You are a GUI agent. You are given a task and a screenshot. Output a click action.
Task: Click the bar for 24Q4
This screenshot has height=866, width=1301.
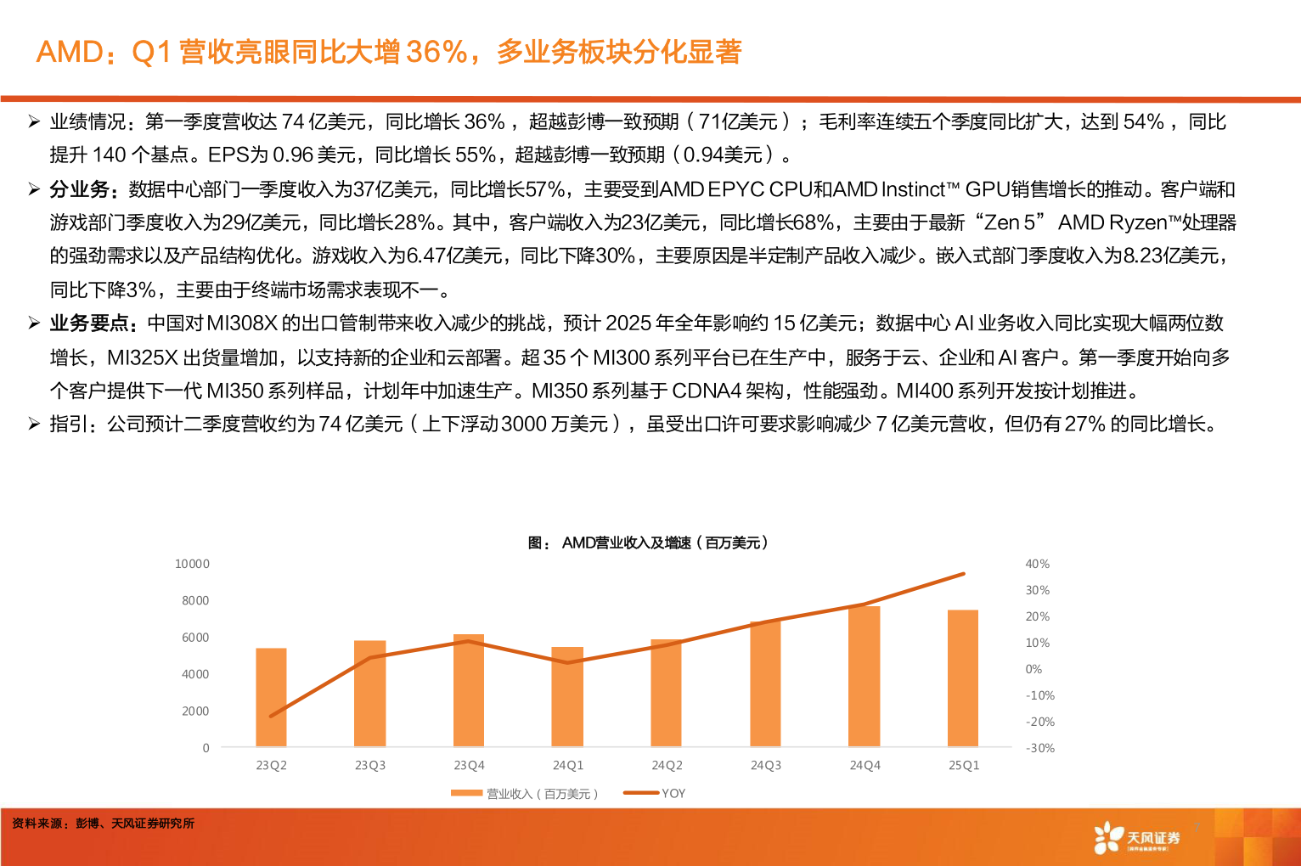865,677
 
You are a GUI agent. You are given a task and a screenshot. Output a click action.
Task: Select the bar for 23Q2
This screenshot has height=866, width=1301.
271,697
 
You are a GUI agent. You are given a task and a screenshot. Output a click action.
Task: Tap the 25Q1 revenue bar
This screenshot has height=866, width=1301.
963,678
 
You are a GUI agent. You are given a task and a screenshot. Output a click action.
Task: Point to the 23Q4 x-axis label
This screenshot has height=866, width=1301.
469,765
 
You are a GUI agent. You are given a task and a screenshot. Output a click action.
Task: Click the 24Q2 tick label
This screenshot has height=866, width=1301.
667,765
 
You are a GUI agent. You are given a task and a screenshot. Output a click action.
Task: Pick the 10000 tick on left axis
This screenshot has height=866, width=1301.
192,564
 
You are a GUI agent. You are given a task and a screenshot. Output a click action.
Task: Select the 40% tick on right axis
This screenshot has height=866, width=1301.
1037,564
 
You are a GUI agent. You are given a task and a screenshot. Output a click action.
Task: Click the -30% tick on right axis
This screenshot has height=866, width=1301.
1039,748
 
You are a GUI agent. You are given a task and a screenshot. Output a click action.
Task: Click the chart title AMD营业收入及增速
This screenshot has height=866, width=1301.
649,543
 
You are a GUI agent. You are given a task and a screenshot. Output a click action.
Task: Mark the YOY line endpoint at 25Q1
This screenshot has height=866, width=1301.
963,574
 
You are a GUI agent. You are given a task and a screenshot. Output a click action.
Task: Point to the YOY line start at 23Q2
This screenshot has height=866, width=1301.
271,716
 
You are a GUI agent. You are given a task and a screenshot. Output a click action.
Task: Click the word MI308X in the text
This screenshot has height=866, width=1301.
242,323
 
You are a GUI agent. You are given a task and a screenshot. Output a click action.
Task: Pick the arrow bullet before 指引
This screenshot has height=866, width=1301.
34,424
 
